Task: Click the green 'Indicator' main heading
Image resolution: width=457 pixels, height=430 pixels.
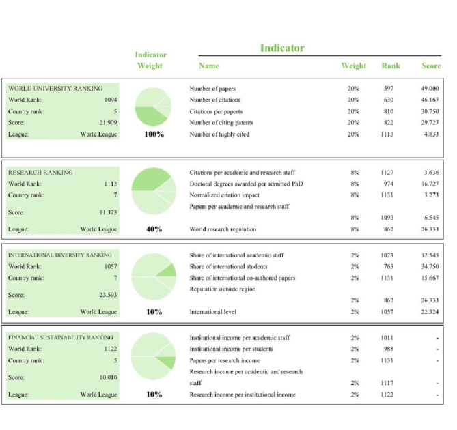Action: tap(282, 48)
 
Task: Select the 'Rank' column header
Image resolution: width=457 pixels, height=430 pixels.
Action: tap(391, 66)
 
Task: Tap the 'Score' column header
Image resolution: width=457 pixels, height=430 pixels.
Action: tap(431, 66)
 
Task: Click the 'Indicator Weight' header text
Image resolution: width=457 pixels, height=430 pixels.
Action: tap(150, 60)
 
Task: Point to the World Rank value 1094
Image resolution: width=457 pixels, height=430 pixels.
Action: tap(109, 100)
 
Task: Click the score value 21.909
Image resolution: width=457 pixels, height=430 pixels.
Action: tap(108, 123)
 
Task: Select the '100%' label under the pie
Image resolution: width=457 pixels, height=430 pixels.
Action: tap(154, 134)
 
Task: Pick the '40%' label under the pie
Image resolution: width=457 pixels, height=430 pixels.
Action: tap(154, 229)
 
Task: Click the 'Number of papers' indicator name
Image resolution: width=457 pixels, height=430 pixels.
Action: tap(212, 89)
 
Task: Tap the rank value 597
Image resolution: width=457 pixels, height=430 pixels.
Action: tap(389, 89)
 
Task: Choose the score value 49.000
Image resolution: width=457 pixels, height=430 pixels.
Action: tap(430, 89)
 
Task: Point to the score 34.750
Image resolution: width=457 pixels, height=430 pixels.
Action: tap(430, 267)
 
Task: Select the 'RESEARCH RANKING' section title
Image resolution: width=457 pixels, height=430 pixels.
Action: tap(40, 173)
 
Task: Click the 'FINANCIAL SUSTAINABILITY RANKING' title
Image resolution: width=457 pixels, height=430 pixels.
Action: tap(61, 337)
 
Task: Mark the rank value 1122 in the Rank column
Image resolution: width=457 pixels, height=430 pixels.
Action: tap(387, 395)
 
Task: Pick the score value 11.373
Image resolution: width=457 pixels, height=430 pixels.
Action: tap(108, 212)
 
